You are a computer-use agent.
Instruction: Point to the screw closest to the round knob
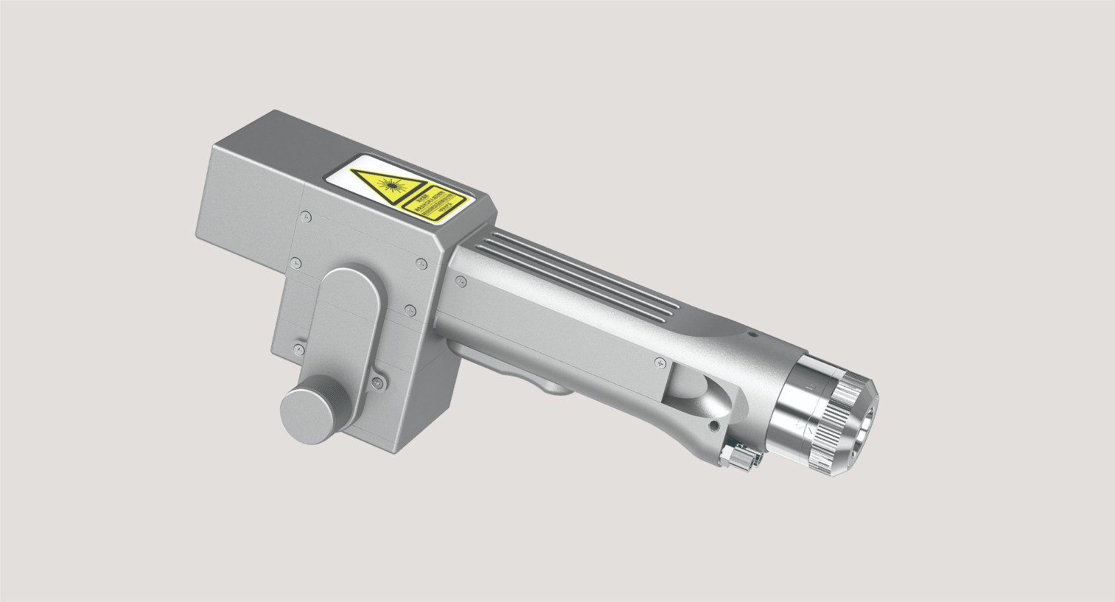pos(377,381)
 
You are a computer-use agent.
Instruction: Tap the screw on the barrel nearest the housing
pos(459,279)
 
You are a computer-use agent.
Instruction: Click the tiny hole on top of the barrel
pos(752,334)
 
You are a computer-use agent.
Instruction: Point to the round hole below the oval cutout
pos(713,426)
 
